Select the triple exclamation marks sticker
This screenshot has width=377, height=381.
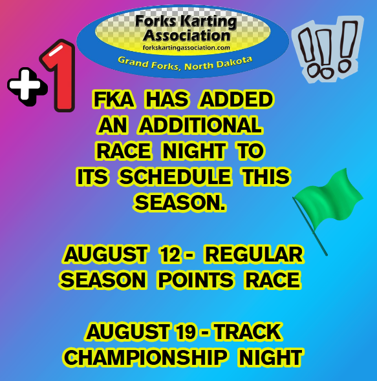[328, 49]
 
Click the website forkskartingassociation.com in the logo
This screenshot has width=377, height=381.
[186, 48]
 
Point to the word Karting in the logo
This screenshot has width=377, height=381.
[209, 21]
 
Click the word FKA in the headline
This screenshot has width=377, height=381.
[114, 99]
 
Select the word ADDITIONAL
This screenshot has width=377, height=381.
[201, 125]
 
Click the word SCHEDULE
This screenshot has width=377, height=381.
[175, 177]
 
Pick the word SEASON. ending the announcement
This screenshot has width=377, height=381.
[180, 203]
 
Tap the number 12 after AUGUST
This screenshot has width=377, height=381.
[170, 255]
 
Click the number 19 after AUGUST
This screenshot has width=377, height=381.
[185, 332]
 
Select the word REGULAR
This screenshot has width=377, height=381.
[254, 255]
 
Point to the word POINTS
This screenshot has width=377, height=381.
[196, 280]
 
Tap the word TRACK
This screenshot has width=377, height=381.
[248, 332]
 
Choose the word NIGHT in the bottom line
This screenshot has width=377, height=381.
[270, 358]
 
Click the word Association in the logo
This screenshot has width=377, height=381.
[186, 36]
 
